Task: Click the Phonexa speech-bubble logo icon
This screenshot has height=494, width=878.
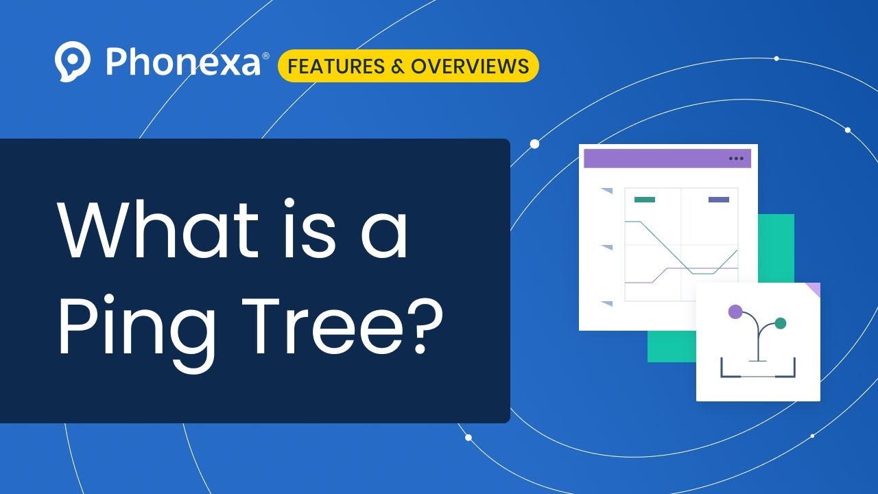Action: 72,61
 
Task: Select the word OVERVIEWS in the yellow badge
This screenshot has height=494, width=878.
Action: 470,67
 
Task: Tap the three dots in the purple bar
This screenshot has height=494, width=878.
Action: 736,158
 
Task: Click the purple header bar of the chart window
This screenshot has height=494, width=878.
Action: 658,158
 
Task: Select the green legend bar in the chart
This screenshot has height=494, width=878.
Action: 644,200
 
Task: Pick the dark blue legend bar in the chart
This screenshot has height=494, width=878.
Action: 718,200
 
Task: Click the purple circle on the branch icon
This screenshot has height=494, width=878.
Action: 735,312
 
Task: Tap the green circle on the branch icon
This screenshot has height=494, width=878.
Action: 780,322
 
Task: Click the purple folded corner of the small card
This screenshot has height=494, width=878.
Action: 813,290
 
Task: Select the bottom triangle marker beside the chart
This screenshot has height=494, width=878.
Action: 607,303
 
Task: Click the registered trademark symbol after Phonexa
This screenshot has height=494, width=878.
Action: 265,56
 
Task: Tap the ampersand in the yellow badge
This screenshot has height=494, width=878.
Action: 397,67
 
